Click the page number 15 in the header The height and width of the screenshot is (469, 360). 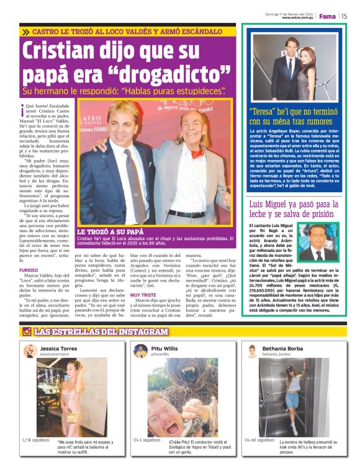click(x=344, y=17)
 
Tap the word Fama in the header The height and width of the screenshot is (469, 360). click(x=327, y=17)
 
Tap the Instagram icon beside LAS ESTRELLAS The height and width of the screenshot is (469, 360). click(x=27, y=331)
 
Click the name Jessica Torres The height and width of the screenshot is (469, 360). click(x=59, y=349)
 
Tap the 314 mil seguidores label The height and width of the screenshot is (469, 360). click(x=259, y=440)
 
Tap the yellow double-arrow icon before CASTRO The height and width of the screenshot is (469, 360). click(x=25, y=30)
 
